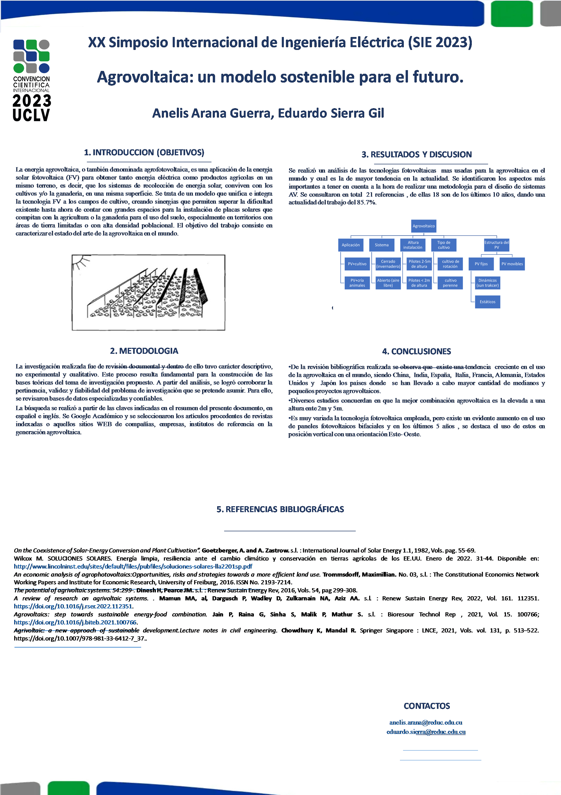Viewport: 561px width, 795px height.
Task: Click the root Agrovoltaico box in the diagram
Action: [x=424, y=226]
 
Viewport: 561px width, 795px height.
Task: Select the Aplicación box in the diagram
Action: [x=351, y=245]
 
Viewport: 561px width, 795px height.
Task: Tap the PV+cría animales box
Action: [x=357, y=283]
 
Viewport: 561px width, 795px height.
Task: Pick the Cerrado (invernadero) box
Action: [x=388, y=264]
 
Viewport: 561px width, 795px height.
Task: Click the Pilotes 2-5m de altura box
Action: [x=419, y=264]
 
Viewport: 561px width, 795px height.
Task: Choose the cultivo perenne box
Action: [x=450, y=283]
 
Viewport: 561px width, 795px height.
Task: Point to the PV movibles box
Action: [x=512, y=264]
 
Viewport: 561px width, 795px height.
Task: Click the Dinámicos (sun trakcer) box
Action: [x=487, y=283]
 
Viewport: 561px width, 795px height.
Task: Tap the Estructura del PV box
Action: [x=496, y=245]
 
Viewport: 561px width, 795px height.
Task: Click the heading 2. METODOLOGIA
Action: [x=144, y=351]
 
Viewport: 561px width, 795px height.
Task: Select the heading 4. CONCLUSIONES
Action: [x=416, y=351]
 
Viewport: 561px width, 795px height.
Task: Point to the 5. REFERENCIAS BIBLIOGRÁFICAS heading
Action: [x=280, y=509]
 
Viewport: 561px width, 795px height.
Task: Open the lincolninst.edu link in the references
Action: [x=133, y=566]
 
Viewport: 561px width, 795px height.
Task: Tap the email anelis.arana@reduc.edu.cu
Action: [x=426, y=722]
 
